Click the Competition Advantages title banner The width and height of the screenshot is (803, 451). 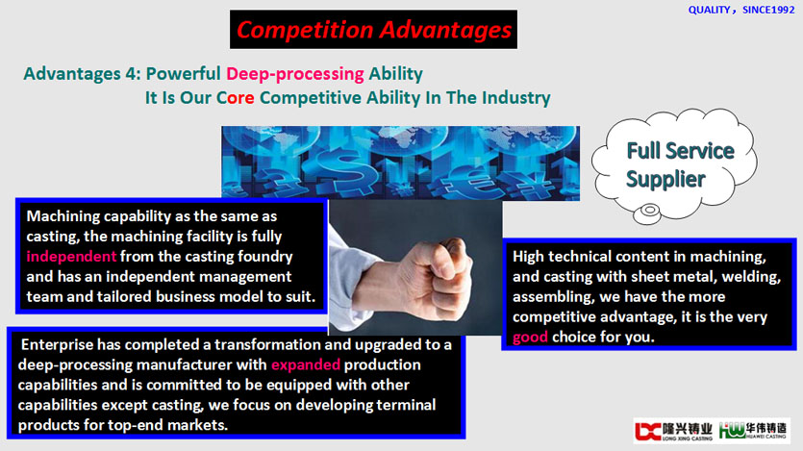coord(373,30)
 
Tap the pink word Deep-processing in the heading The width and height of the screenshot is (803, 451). coord(295,74)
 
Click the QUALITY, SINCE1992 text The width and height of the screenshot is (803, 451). coord(741,10)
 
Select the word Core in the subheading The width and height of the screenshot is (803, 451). coord(235,97)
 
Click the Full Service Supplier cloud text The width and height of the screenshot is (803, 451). coord(680,164)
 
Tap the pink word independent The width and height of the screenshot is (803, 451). coord(71,256)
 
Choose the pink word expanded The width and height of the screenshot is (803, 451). coord(306,364)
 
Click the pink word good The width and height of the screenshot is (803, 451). coord(530,337)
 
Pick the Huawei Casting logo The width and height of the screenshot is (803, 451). coord(752,431)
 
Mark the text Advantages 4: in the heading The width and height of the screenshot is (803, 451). coord(82,74)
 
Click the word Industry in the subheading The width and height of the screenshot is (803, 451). coord(516,98)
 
